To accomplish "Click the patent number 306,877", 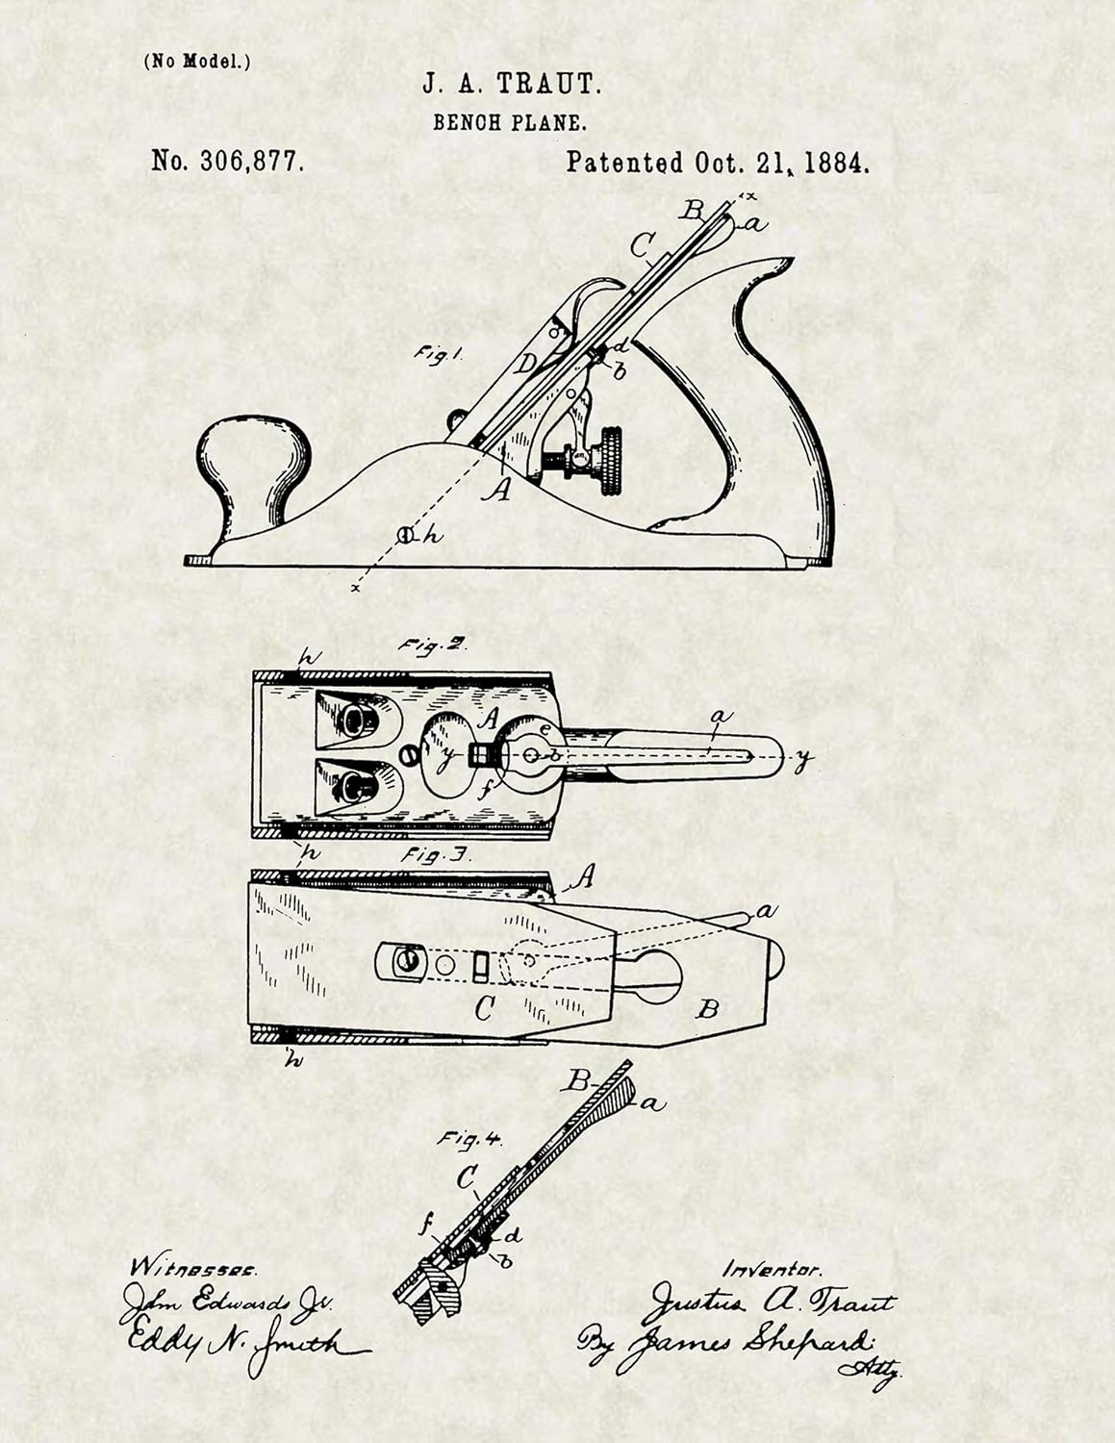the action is click(x=229, y=162).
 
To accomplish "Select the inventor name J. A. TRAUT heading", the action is click(x=512, y=86).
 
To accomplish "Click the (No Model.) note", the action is click(x=197, y=62).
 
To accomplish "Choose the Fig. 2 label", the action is click(x=433, y=646).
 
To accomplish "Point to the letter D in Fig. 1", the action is click(x=525, y=365).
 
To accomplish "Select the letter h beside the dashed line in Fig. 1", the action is click(x=432, y=536).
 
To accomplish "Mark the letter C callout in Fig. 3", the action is click(x=485, y=1009).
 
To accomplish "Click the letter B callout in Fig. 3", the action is click(x=707, y=1009).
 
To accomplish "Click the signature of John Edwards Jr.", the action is click(x=226, y=1304).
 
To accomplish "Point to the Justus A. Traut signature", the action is click(x=770, y=1304).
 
